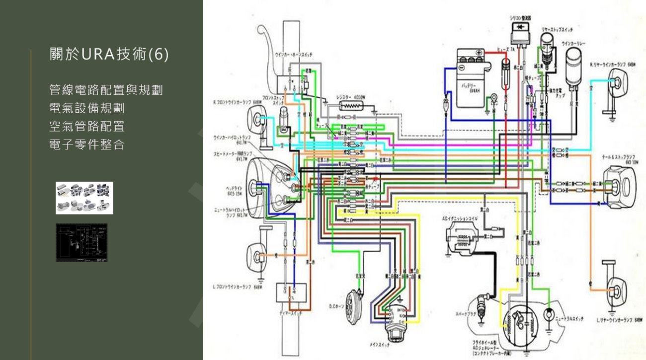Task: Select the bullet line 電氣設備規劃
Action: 87,108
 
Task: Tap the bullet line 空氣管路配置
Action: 87,127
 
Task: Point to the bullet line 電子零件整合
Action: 87,145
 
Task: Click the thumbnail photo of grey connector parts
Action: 84,198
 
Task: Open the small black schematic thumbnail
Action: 81,242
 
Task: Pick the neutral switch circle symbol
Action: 549,314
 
